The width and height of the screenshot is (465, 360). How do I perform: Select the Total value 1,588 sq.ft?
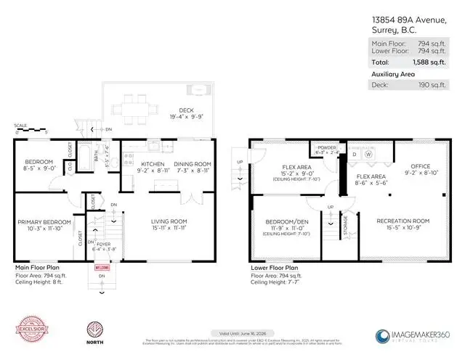pyautogui.click(x=434, y=63)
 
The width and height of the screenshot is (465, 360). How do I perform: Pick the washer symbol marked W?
pyautogui.click(x=368, y=153)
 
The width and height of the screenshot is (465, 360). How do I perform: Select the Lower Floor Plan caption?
pyautogui.click(x=276, y=268)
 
